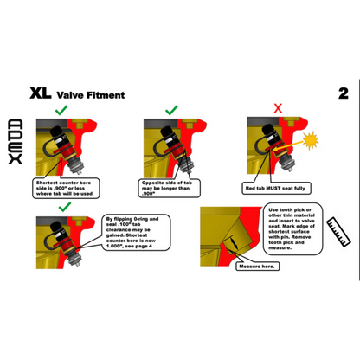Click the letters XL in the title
coord(41,93)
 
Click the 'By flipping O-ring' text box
coord(133,231)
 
